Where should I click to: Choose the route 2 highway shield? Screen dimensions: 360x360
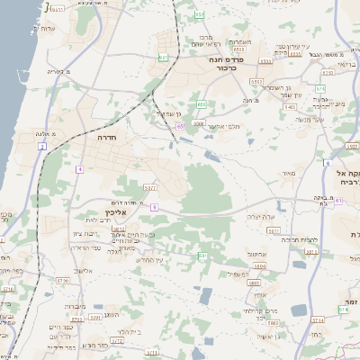point(41,146)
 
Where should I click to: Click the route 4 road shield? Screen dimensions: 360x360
point(79,169)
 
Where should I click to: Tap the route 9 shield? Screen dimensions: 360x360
point(154,208)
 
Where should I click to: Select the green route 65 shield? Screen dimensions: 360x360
point(180,127)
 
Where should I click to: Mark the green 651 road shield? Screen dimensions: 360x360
point(163,58)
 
